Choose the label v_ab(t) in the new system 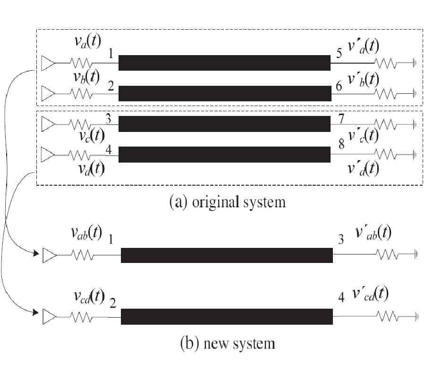pyautogui.click(x=86, y=233)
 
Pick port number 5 pyautogui.click(x=339, y=54)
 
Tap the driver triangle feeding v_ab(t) pyautogui.click(x=49, y=255)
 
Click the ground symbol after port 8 pyautogui.click(x=414, y=154)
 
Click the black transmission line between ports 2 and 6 pyautogui.click(x=224, y=93)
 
